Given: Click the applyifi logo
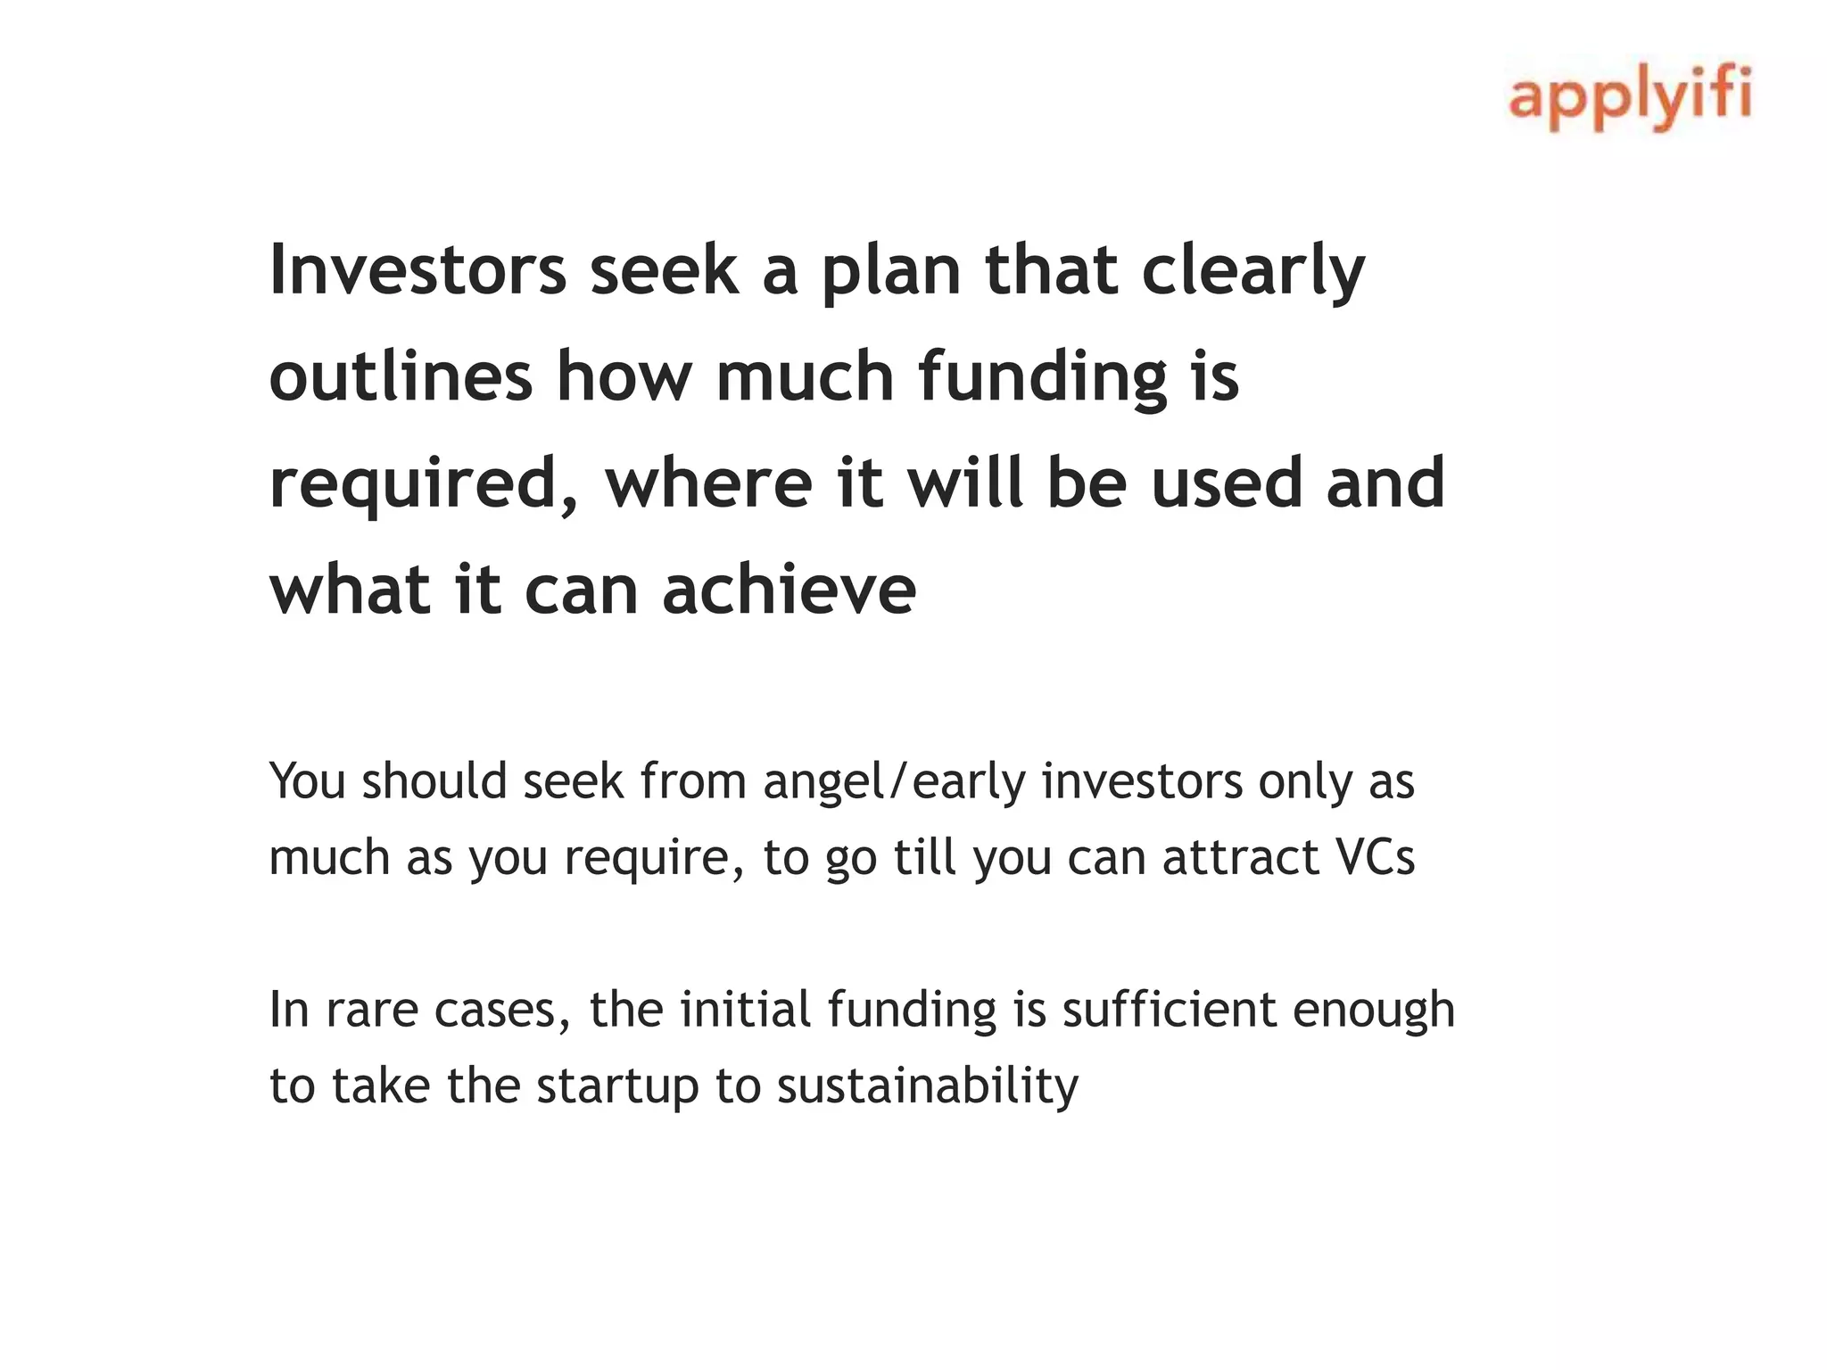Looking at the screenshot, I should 1630,97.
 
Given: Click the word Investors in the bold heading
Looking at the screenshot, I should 417,269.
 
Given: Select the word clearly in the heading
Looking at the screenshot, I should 1253,271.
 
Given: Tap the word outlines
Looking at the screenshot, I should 401,376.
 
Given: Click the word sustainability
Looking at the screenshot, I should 928,1086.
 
